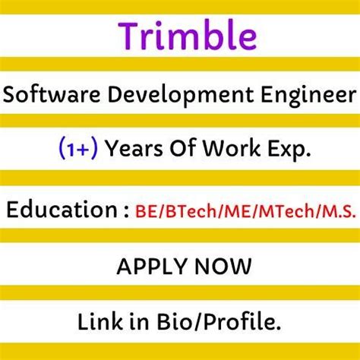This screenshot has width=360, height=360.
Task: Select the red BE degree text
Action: pyautogui.click(x=146, y=210)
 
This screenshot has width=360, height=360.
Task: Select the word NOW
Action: pyautogui.click(x=219, y=267)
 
